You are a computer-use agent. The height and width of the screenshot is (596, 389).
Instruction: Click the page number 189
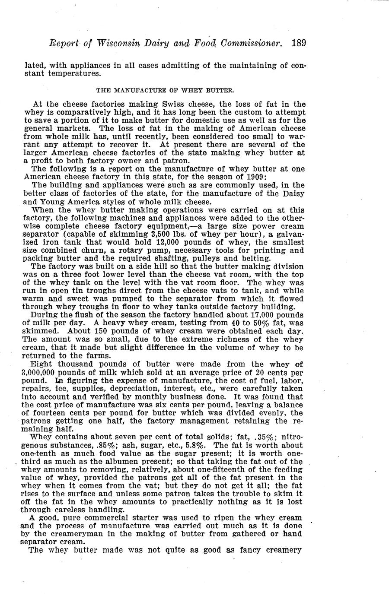pos(299,43)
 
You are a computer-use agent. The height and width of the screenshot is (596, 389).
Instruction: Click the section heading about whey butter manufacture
pos(165,91)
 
